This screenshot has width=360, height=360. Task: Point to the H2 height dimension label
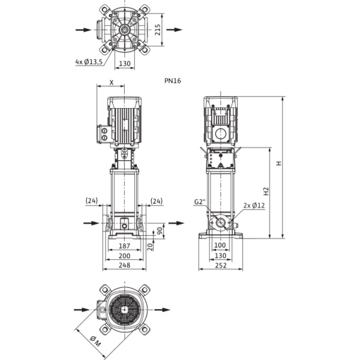coord(265,191)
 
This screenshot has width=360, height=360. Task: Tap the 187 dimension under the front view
coord(125,246)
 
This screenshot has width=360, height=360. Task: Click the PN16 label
coord(173,80)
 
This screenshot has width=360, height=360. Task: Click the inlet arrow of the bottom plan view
coord(77,310)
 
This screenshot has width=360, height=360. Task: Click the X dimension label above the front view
coord(112,80)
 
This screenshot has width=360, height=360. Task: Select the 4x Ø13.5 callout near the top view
coord(90,61)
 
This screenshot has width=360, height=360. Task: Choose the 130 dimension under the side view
coord(220,255)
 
